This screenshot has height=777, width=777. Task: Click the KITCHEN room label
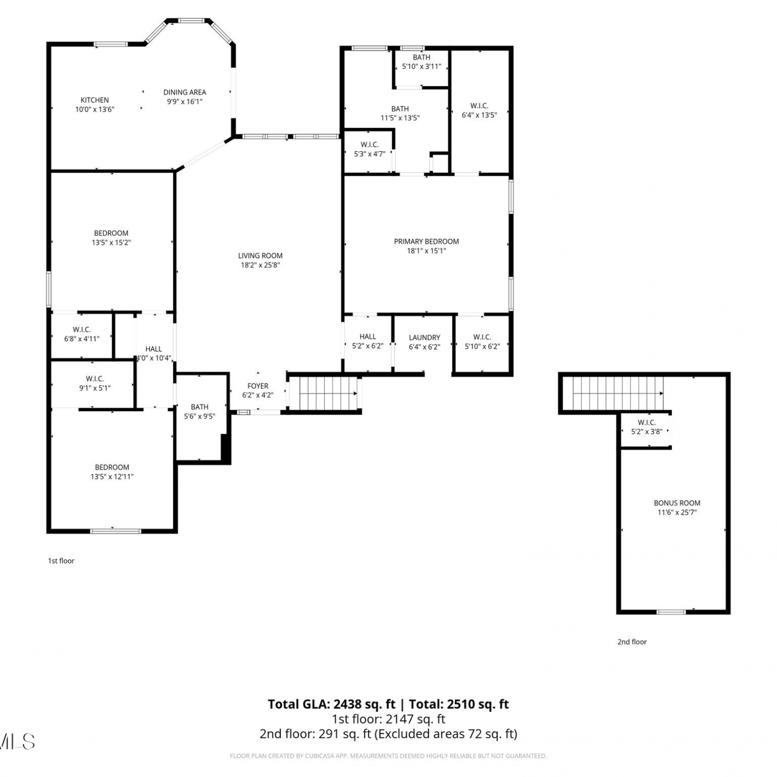pos(95,100)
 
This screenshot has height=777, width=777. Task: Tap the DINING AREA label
pos(185,92)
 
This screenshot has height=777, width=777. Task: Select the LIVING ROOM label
pos(261,255)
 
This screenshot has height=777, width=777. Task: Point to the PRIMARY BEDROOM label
pos(426,241)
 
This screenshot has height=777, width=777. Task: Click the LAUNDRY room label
pos(424,338)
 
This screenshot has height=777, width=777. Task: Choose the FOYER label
pos(258,386)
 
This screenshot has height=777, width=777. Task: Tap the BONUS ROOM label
pos(677,503)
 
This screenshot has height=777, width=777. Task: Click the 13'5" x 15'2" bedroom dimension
pos(111,242)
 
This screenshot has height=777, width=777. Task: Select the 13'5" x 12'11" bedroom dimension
pos(112,477)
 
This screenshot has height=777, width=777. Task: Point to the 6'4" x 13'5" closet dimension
pos(479,115)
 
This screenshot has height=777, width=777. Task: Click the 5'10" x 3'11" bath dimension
pos(422,66)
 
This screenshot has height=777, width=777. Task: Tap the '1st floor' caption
pos(61,560)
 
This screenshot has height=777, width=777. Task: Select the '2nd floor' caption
pos(632,642)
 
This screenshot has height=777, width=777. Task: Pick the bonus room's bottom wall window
pos(671,612)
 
